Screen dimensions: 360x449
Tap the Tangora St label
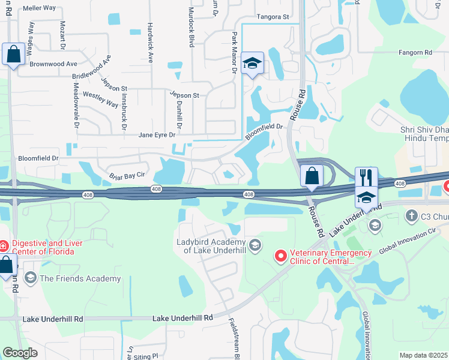273,17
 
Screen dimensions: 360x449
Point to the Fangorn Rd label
415,53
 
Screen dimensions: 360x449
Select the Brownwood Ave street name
53,64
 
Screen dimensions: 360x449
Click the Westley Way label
100,99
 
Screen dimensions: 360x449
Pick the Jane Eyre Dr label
157,135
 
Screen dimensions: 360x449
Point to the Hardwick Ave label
150,43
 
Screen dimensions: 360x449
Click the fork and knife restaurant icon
366,177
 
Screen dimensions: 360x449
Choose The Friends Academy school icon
29,278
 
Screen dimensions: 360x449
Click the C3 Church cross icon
411,215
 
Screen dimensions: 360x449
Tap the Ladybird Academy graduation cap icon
255,245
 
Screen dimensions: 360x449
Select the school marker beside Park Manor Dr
252,63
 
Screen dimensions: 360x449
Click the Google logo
20,353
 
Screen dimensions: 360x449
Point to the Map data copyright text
424,355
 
